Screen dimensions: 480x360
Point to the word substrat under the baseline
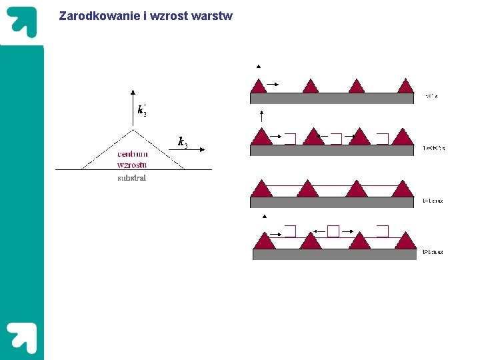[x=131, y=178]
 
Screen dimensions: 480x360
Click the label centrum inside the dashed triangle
[x=132, y=154]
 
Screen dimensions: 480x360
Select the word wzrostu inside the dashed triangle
[x=132, y=165]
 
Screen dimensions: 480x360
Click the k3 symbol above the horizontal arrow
[x=183, y=141]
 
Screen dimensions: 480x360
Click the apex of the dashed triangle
[x=133, y=129]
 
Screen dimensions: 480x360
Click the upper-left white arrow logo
[x=22, y=23]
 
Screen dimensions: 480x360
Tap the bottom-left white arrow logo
[x=22, y=337]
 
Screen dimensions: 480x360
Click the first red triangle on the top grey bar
[x=259, y=86]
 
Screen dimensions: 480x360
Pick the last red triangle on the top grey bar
[x=405, y=86]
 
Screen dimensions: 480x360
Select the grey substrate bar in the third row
[x=332, y=203]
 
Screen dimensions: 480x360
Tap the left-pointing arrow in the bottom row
[x=318, y=231]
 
